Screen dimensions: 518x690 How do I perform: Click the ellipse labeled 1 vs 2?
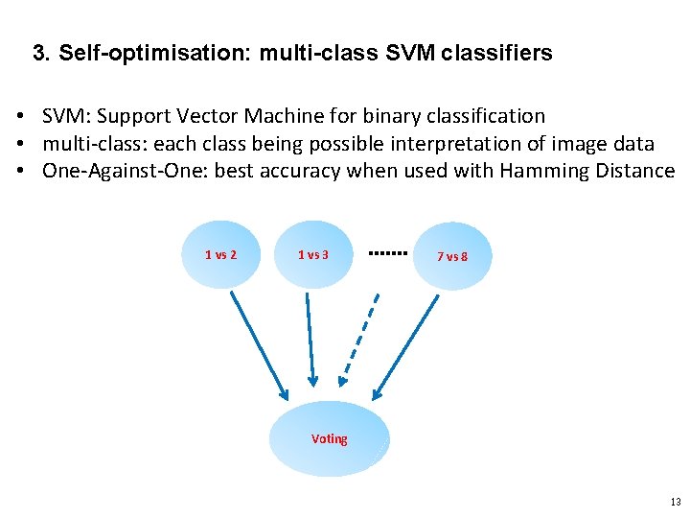coord(220,254)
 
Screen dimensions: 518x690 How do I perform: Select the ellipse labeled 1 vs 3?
coord(313,254)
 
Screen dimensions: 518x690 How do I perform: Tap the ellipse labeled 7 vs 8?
coord(451,256)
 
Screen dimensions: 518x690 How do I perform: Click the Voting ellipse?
coord(330,438)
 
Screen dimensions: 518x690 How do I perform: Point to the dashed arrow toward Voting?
coord(361,345)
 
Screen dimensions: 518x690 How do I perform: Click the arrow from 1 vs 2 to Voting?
coord(257,345)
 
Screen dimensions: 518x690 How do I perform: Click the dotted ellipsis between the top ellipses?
coord(388,253)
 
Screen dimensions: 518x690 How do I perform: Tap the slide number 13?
coord(676,502)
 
